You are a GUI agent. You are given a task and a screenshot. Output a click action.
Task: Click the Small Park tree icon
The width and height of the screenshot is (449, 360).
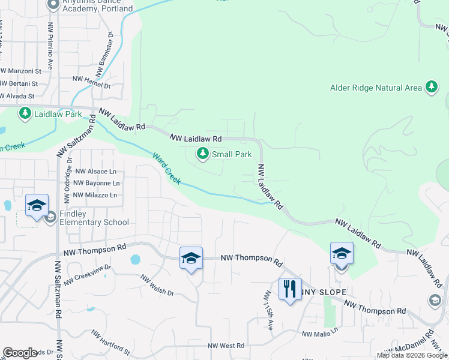[203, 155]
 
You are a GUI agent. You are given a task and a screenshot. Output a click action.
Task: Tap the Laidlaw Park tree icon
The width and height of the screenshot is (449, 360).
[25, 113]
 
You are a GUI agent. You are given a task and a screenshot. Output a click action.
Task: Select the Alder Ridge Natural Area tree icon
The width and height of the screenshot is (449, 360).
[431, 88]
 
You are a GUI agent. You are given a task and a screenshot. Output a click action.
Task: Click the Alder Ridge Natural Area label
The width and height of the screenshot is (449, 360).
[376, 88]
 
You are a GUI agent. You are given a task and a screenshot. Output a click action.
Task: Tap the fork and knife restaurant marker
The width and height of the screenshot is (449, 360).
[290, 289]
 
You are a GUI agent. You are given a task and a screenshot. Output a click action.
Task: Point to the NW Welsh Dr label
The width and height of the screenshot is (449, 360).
[157, 286]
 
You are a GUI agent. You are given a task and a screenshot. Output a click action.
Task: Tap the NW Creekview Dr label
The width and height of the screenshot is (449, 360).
[88, 273]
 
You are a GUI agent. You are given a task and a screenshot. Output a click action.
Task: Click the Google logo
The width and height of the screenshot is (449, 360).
[20, 353]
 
